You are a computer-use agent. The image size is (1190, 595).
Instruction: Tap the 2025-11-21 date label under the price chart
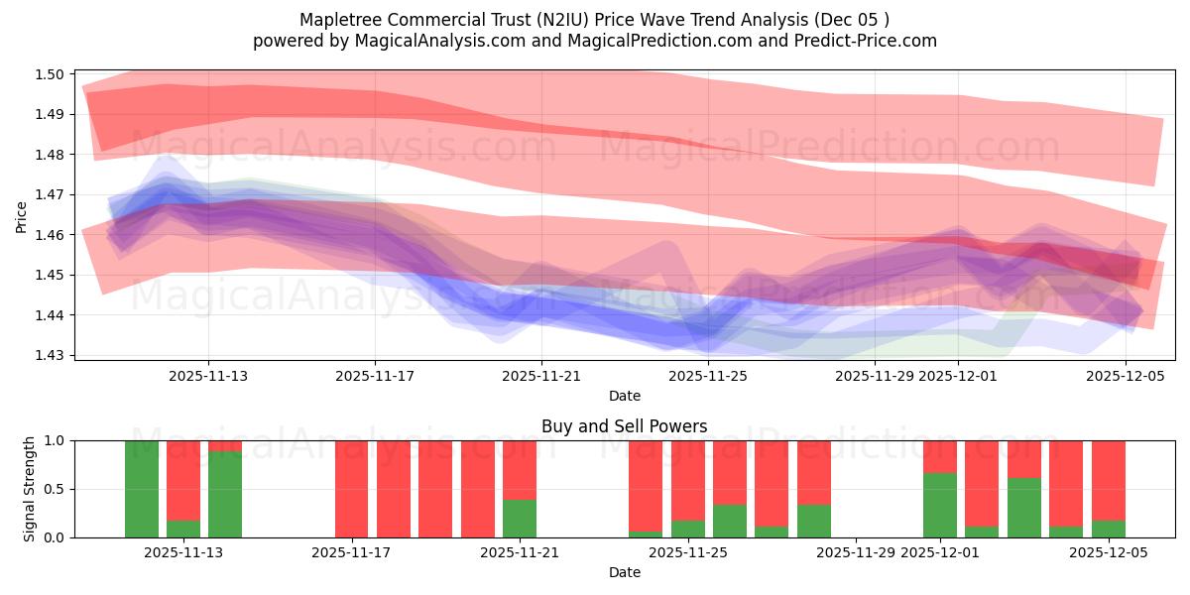pyautogui.click(x=541, y=376)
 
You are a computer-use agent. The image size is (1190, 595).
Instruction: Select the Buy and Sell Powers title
pyautogui.click(x=624, y=426)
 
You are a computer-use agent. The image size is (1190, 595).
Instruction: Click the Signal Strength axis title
pyautogui.click(x=30, y=489)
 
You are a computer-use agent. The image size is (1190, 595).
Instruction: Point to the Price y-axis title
pyautogui.click(x=22, y=215)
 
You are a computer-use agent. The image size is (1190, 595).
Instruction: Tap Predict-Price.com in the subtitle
pyautogui.click(x=872, y=41)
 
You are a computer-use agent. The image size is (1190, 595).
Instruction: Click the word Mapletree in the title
pyautogui.click(x=337, y=19)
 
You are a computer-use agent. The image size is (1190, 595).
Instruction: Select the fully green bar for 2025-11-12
pyautogui.click(x=142, y=489)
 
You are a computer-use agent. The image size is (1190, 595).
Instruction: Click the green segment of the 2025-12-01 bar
pyautogui.click(x=940, y=505)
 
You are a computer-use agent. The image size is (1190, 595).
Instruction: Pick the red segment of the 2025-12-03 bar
pyautogui.click(x=1024, y=459)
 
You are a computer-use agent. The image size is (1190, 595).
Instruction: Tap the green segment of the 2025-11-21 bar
pyautogui.click(x=520, y=519)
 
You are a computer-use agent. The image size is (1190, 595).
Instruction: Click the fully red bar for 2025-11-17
pyautogui.click(x=352, y=489)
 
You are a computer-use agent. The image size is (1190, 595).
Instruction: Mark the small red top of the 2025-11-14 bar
pyautogui.click(x=225, y=446)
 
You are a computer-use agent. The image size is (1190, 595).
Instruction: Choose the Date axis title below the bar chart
pyautogui.click(x=624, y=572)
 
